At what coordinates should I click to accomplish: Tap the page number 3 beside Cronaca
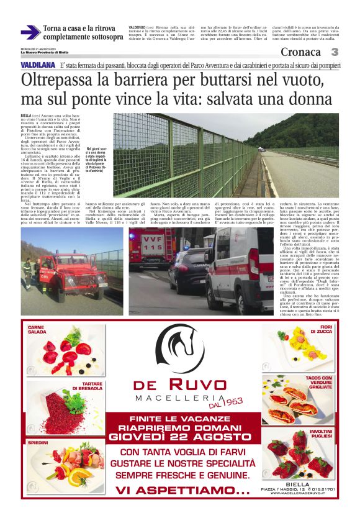coord(335,52)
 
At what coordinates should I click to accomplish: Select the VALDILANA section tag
coord(36,65)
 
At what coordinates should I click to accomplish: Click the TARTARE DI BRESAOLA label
coord(87,385)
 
